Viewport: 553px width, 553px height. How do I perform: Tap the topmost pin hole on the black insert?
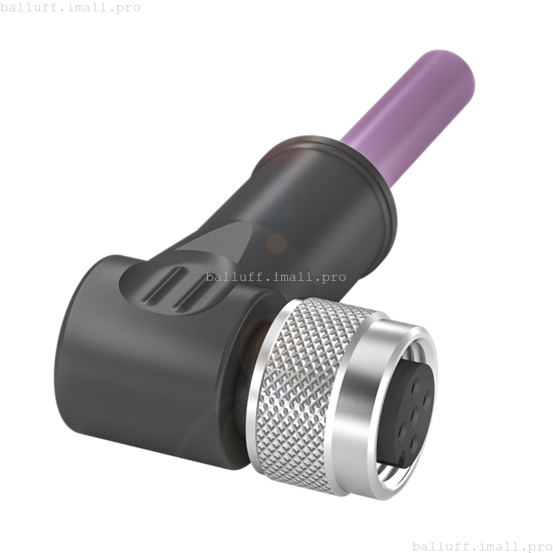[417, 383]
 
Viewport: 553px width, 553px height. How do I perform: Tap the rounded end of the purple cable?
[458, 73]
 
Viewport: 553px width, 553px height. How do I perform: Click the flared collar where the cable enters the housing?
[346, 173]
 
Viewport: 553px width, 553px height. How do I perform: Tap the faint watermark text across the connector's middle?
[276, 277]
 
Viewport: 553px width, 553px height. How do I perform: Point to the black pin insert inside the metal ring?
[410, 410]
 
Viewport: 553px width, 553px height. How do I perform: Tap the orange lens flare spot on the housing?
[276, 243]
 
